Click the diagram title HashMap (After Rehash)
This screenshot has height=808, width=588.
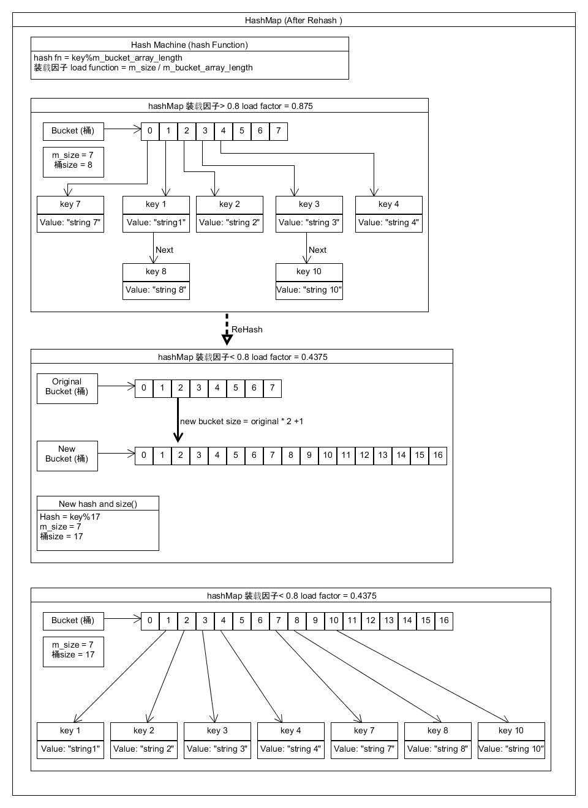293,20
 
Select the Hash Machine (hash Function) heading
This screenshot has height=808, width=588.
189,45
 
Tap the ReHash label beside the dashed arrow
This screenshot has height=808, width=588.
247,329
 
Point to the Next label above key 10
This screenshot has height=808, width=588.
317,250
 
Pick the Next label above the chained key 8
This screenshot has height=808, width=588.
164,250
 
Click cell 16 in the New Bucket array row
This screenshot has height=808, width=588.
438,455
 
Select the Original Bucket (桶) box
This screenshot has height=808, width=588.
67,388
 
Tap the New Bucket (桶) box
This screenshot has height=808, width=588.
67,455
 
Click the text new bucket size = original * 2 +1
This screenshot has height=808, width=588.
241,421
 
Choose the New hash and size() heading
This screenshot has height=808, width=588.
98,504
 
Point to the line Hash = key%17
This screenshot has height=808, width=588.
70,517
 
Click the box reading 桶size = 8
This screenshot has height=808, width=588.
73,162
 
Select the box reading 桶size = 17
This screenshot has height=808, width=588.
73,651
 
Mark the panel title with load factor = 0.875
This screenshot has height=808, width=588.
230,106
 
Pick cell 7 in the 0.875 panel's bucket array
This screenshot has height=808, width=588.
279,131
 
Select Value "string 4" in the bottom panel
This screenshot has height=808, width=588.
291,749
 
